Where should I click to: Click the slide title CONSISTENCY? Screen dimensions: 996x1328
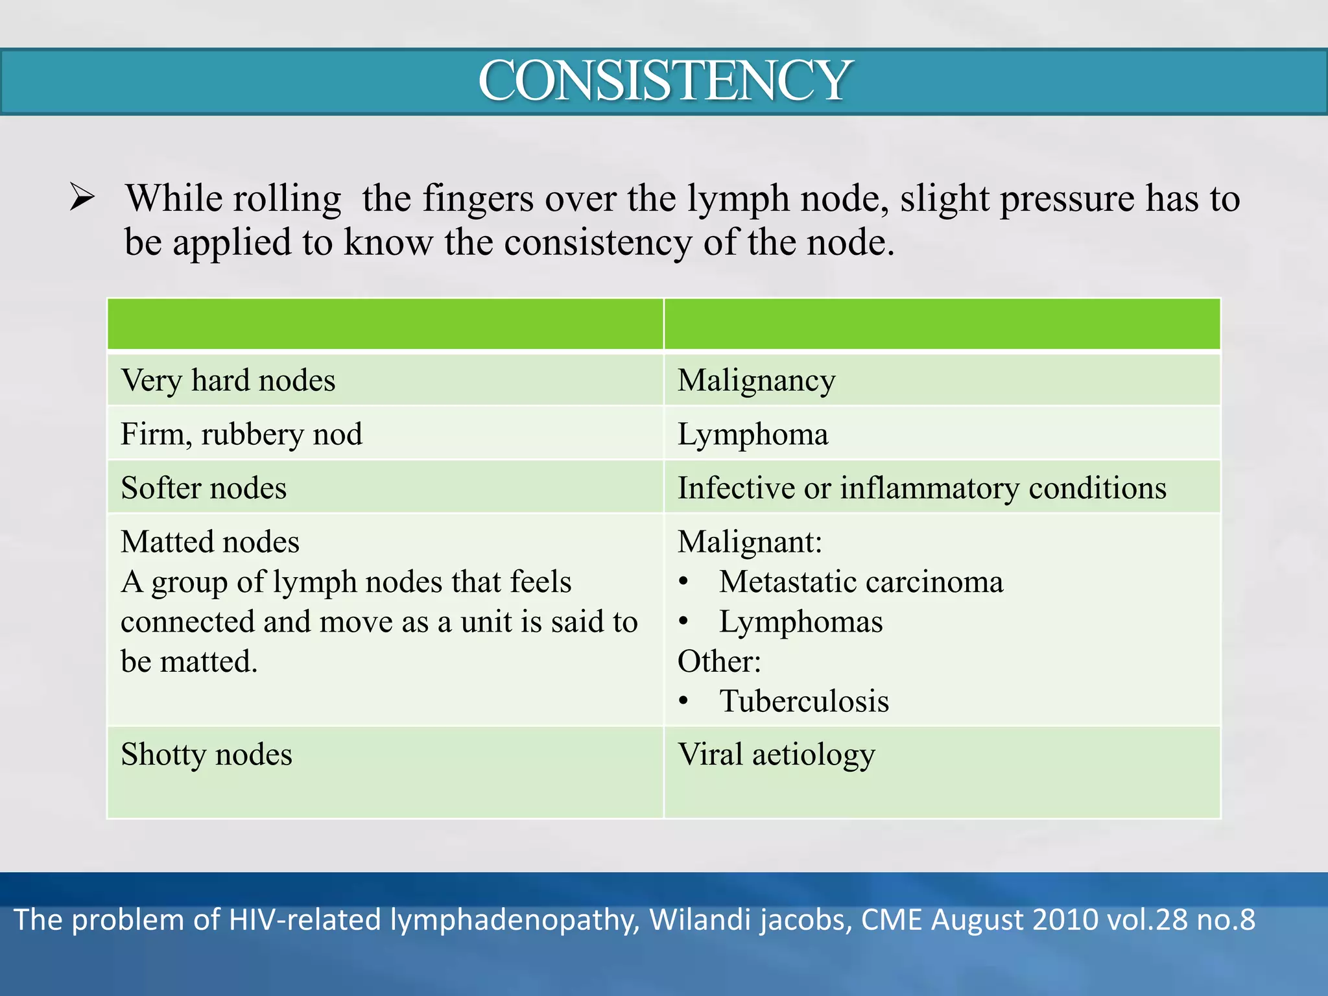point(664,80)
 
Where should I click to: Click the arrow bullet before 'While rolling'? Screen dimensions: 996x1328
point(82,198)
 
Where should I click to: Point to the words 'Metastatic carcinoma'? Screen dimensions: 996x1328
point(860,582)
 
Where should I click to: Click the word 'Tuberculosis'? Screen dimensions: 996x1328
point(804,701)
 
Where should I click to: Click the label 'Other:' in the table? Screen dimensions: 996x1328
point(719,661)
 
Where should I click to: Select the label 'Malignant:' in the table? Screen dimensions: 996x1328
point(750,542)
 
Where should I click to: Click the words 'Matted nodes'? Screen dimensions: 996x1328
point(210,542)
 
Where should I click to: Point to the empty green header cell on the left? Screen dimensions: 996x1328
point(385,324)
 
